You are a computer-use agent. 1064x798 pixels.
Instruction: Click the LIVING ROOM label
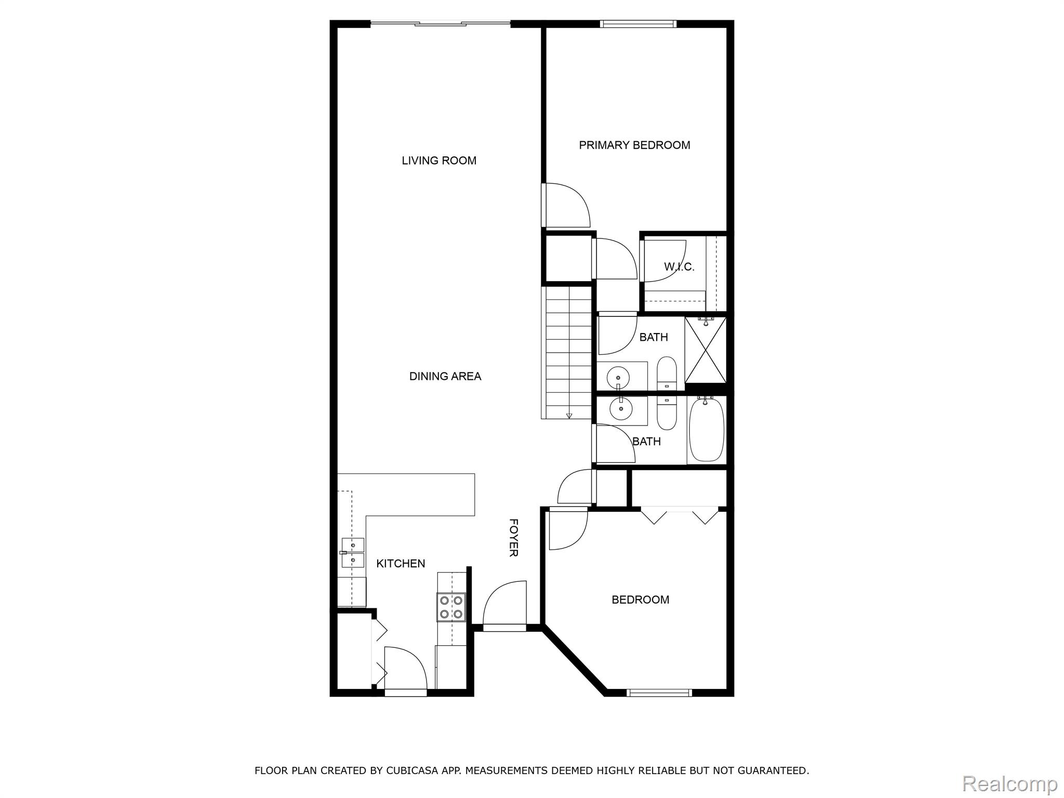(439, 161)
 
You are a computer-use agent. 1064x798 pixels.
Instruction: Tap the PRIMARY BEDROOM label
(634, 145)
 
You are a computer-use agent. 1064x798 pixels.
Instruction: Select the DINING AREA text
(445, 376)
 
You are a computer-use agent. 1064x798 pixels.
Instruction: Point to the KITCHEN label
(401, 563)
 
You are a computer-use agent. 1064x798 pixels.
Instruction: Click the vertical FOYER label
(513, 538)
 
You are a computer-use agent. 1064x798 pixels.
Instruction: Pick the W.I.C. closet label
(679, 267)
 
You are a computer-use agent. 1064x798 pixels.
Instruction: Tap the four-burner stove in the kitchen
(451, 607)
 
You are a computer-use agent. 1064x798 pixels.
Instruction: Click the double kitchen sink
(352, 553)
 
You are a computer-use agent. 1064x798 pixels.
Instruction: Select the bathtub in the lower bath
(707, 429)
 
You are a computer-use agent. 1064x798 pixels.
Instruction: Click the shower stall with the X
(705, 350)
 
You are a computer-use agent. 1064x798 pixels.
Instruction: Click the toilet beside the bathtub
(667, 413)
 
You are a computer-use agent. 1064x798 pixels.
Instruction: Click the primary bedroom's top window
(638, 23)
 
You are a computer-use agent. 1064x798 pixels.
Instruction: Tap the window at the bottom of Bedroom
(659, 692)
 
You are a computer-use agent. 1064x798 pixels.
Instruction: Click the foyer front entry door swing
(504, 606)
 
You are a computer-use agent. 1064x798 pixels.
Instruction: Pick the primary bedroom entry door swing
(566, 205)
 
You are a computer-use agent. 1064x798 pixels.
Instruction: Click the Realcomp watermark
(1010, 783)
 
